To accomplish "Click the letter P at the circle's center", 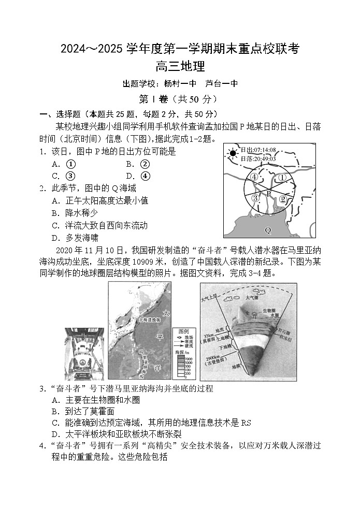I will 269,193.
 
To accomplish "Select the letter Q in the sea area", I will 267,229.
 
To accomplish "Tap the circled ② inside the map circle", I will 283,199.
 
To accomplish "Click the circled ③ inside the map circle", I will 254,198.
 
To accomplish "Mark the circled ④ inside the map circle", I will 254,177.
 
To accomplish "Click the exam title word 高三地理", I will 180,67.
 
